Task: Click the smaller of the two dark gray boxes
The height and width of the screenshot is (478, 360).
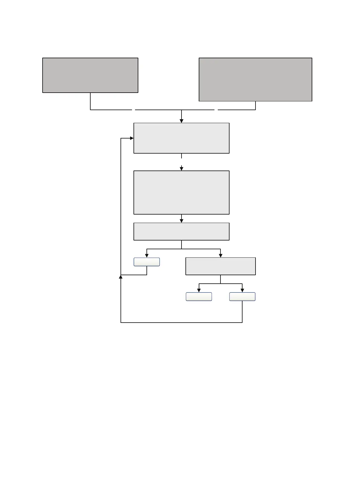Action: point(90,75)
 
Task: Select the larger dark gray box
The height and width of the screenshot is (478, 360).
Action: point(255,79)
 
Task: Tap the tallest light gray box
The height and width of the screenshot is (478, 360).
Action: point(181,193)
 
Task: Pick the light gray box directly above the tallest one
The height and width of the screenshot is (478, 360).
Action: point(181,138)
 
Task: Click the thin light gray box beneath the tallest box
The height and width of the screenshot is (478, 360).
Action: point(181,231)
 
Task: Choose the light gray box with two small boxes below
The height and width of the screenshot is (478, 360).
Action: point(220,266)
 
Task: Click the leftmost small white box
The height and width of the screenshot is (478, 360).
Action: point(147,262)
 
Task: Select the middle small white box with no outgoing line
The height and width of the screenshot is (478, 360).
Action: point(199,297)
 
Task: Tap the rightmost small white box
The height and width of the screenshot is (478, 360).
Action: point(242,297)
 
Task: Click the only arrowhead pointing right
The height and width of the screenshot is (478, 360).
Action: point(132,138)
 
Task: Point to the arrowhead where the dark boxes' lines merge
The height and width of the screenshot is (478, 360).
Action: point(182,121)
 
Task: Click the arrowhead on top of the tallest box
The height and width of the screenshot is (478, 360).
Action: point(182,169)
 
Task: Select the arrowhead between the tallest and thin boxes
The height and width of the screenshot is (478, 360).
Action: point(182,221)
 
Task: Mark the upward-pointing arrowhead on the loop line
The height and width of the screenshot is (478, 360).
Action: point(121,277)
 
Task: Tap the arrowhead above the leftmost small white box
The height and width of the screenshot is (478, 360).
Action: point(147,256)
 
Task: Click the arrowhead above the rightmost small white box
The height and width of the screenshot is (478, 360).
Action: point(242,290)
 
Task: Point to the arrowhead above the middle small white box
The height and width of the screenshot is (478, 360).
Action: point(199,290)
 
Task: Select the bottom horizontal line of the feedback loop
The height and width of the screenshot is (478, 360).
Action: point(181,323)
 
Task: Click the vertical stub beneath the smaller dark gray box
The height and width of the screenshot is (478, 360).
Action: point(90,101)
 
